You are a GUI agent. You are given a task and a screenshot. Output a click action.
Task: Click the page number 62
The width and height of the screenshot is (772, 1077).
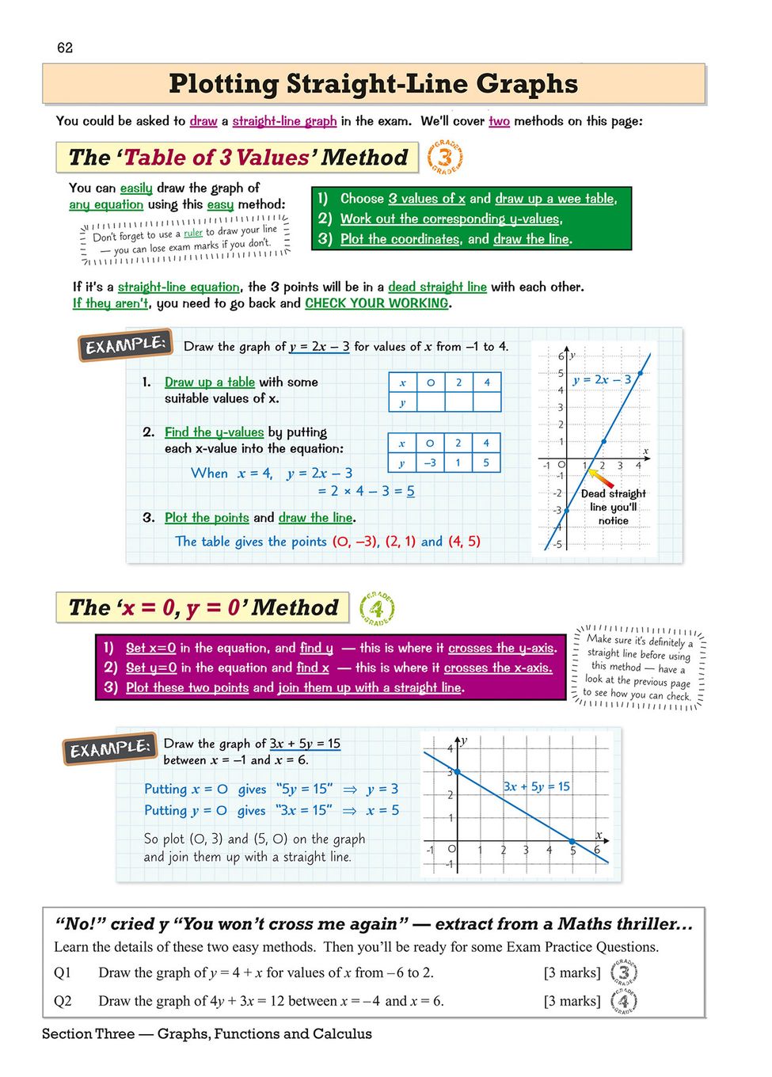coord(65,48)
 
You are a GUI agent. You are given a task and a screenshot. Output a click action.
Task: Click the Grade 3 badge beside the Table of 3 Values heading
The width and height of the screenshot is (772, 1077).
coord(445,157)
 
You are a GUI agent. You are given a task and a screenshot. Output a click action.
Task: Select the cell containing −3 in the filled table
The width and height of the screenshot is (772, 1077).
coord(430,462)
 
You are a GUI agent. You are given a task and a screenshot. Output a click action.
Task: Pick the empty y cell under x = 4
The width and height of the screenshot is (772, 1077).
coord(486,401)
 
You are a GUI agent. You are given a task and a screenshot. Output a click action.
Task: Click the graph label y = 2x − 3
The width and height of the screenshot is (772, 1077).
coord(602,379)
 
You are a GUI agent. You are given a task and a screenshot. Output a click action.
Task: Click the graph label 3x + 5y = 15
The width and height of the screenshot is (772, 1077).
coord(537,786)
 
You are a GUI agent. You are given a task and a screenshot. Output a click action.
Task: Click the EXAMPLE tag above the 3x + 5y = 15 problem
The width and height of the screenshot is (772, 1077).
coord(108,748)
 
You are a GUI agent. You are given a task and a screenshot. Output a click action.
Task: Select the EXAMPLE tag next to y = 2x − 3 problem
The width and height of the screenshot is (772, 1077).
coord(125,345)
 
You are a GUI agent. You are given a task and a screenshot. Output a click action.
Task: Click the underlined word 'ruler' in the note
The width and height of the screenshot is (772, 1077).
coord(193,233)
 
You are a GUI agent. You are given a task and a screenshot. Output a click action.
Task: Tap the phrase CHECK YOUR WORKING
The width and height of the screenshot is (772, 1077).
coord(377,303)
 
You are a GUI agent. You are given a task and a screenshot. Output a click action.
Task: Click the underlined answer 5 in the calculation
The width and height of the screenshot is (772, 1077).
coord(410,491)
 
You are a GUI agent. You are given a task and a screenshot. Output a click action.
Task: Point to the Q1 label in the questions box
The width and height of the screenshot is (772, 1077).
coord(63,972)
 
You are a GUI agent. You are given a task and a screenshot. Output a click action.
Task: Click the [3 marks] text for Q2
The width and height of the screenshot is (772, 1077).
coord(572,1001)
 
